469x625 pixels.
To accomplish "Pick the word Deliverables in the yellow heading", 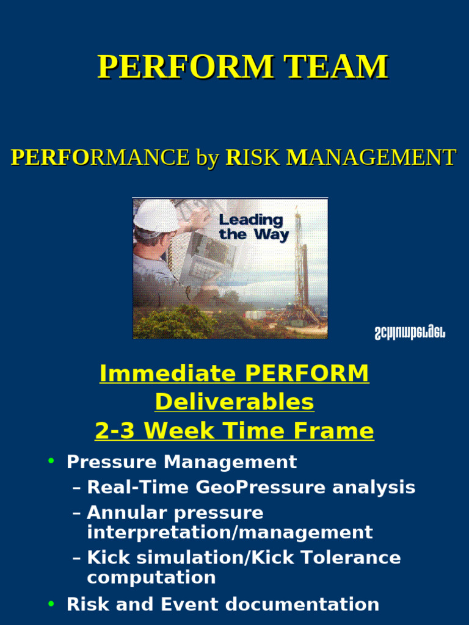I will [234, 402].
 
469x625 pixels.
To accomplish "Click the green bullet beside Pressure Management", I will [51, 461].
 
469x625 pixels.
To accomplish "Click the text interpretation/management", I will [230, 532].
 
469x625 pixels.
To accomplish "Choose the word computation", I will [151, 577].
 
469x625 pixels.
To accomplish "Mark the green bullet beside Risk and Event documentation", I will [51, 604].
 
